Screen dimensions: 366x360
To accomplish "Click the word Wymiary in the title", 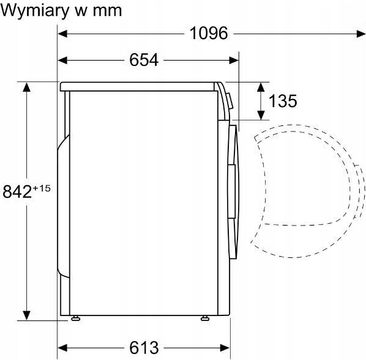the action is click(35, 11).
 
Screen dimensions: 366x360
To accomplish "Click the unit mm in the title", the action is click(108, 12).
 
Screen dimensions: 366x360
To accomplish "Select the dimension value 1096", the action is click(209, 33).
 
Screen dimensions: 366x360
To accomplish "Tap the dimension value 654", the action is click(144, 60).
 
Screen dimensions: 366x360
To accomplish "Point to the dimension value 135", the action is click(283, 101).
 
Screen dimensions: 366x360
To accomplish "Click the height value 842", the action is click(17, 191).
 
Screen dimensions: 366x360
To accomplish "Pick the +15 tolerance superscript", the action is click(42, 188).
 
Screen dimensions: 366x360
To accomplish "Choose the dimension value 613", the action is click(144, 348).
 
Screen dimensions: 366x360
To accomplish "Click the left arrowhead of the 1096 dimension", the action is click(62, 34).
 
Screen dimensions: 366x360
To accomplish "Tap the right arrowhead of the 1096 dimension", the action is click(361, 34).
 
